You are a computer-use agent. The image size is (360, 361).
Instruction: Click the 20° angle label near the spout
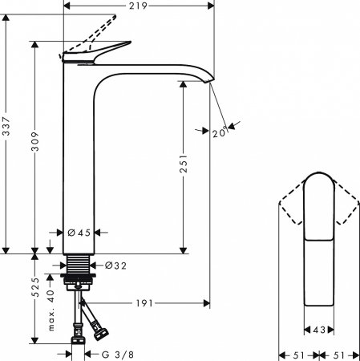(x=219, y=133)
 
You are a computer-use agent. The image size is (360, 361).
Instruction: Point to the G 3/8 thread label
(x=116, y=354)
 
